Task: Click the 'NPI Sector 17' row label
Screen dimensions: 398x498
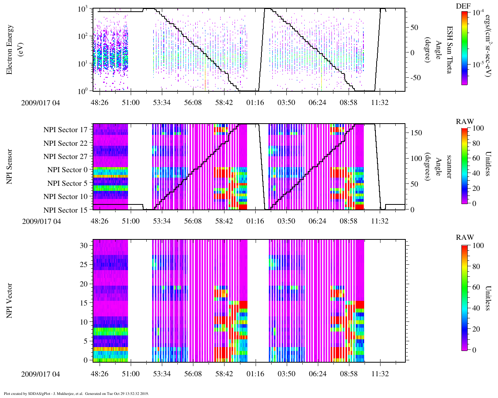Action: tap(66, 130)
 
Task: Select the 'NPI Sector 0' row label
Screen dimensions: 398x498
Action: tap(68, 170)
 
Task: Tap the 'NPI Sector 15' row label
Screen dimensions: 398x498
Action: tap(66, 210)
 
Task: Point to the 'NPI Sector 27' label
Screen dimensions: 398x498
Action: tap(66, 157)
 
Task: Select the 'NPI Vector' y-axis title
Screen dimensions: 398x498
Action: tap(9, 300)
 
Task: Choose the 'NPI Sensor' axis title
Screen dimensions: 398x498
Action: tap(9, 166)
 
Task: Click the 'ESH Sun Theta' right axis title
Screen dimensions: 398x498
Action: tap(449, 50)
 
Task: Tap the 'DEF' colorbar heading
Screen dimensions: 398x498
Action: tap(463, 6)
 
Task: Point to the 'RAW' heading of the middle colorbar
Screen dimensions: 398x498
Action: tap(465, 122)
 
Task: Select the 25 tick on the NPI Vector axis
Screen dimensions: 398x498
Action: tap(84, 265)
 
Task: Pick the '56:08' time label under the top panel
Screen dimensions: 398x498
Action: tap(193, 103)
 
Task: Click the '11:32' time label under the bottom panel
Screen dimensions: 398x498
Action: tap(380, 374)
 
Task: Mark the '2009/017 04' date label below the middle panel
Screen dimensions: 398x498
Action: tap(42, 222)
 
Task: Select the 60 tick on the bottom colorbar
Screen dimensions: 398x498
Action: tap(478, 287)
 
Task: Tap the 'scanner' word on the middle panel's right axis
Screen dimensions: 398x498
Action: tap(449, 166)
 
